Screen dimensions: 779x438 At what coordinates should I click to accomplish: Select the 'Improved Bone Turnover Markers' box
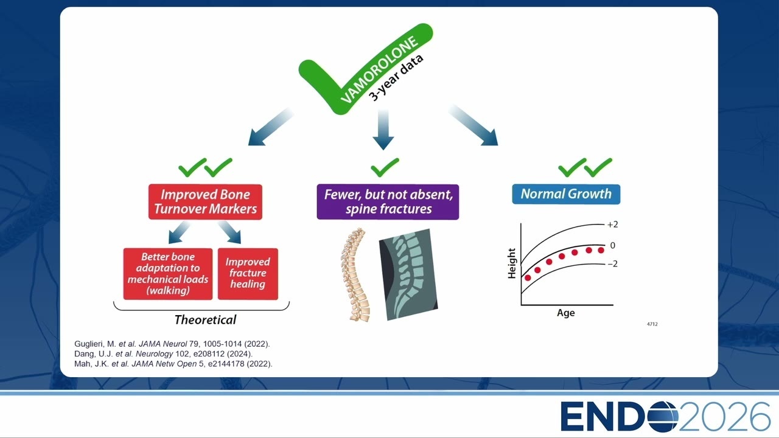click(x=205, y=201)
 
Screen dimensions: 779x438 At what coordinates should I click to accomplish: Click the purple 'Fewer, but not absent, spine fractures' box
click(x=388, y=201)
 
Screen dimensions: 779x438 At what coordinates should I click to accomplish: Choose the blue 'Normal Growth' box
click(x=566, y=194)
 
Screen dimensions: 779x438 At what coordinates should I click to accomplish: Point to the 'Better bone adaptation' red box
click(x=168, y=274)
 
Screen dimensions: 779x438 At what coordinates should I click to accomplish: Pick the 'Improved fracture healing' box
click(x=248, y=274)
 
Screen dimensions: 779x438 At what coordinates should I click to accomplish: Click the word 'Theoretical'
click(x=205, y=320)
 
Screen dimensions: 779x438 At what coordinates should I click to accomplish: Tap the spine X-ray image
click(x=408, y=274)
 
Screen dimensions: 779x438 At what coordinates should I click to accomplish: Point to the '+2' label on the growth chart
click(x=612, y=224)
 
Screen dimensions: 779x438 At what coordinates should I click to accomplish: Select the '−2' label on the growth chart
click(x=612, y=264)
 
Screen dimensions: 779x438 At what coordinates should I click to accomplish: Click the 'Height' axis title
click(x=512, y=263)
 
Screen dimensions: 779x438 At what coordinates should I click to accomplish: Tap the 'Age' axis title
click(x=566, y=313)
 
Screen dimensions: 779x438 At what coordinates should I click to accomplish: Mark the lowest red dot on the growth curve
click(x=528, y=278)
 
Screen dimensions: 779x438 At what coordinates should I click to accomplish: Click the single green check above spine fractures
click(x=385, y=167)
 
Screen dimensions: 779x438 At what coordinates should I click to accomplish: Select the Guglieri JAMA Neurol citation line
click(x=172, y=344)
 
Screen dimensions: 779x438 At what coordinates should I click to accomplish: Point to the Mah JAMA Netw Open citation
click(x=173, y=364)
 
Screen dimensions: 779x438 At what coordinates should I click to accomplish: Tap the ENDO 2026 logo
click(x=665, y=417)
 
